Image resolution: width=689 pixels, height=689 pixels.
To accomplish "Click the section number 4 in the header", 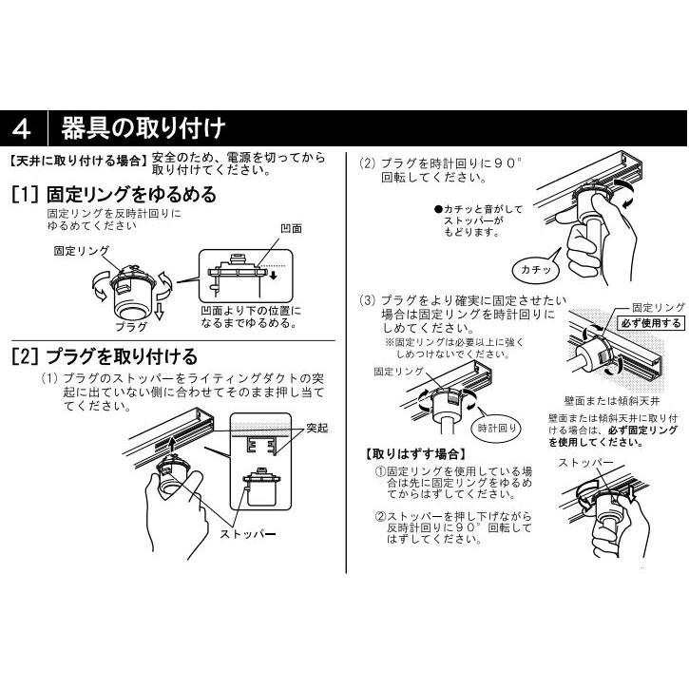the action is pos(22,128).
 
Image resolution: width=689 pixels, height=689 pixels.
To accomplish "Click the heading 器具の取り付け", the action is pos(144,128).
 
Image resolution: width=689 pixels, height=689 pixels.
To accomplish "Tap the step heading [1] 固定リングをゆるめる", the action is pos(114,194).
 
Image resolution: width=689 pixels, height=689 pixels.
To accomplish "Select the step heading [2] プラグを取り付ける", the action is pos(105,356).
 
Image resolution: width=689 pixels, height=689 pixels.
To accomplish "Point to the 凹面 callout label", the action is pos(292,228).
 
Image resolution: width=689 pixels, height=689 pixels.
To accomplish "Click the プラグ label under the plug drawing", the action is pos(131,327).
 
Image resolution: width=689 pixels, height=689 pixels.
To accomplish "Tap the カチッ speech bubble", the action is pos(536,269).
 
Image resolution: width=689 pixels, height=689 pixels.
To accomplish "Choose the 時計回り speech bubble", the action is pos(496,428).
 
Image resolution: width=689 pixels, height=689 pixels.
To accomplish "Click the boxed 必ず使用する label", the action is pos(651,323).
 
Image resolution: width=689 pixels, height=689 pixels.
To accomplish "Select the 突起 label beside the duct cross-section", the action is pos(317,428).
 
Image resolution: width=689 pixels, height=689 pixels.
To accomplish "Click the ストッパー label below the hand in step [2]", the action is pos(247,534).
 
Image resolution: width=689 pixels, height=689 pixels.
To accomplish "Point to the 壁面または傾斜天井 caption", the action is pos(612,401).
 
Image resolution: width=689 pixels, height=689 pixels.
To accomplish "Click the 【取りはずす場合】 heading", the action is pos(415,454).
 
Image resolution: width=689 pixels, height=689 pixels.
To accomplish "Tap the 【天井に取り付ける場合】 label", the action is pos(77,161).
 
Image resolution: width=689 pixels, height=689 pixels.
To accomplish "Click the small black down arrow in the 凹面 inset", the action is pos(274,276).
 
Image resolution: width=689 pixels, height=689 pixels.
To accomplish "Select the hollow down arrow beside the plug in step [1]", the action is pos(160,311).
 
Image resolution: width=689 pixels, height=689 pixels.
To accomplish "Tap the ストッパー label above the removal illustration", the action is pos(584,463).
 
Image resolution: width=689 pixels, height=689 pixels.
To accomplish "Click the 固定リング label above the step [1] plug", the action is pos(82,251).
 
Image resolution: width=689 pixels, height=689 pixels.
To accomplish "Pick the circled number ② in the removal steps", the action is pos(380,516).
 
